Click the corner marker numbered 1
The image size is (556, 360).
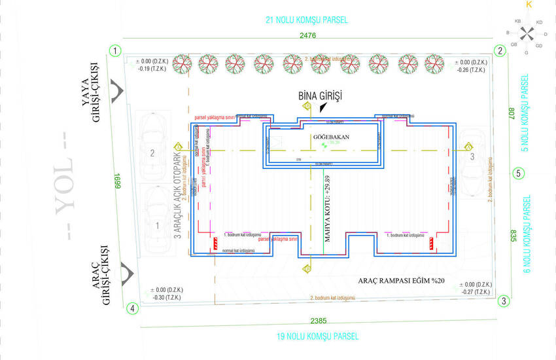[x=115, y=50]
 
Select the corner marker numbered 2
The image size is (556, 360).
[x=500, y=50]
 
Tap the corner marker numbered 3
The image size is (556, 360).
[x=504, y=301]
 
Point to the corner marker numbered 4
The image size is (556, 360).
[x=133, y=308]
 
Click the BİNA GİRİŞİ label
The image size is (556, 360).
[x=319, y=96]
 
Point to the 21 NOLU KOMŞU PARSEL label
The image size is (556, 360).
[x=307, y=20]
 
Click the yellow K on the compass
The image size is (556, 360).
[x=529, y=5]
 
